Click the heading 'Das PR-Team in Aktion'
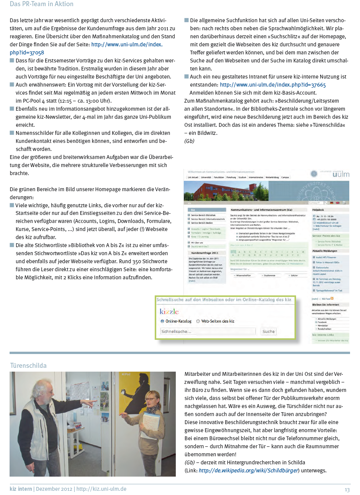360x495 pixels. [x=41, y=4]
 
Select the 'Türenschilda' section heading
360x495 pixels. [x=28, y=366]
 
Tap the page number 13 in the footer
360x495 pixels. [x=347, y=490]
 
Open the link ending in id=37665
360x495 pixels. [x=273, y=85]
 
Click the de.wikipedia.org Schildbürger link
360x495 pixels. [x=248, y=470]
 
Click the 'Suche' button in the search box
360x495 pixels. [x=268, y=331]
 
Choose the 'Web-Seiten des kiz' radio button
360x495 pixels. [x=198, y=321]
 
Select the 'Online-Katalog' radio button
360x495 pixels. [x=162, y=321]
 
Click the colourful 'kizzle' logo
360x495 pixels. [x=169, y=311]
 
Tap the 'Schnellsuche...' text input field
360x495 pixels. [x=208, y=331]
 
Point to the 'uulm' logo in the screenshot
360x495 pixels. [x=340, y=174]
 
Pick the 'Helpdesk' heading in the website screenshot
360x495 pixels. [x=318, y=210]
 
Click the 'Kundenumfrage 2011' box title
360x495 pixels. [x=205, y=253]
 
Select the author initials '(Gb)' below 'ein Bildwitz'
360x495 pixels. [x=189, y=141]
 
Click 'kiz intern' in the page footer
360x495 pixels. [x=21, y=489]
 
